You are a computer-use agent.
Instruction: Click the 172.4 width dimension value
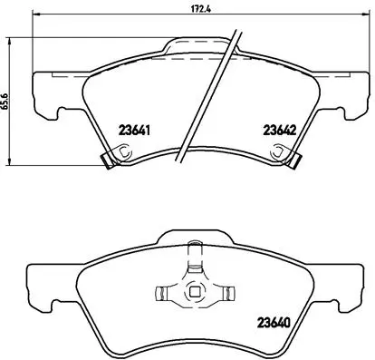tap(170, 9)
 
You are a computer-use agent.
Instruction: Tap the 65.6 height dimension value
tap(5, 102)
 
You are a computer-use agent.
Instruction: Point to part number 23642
tap(279, 129)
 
